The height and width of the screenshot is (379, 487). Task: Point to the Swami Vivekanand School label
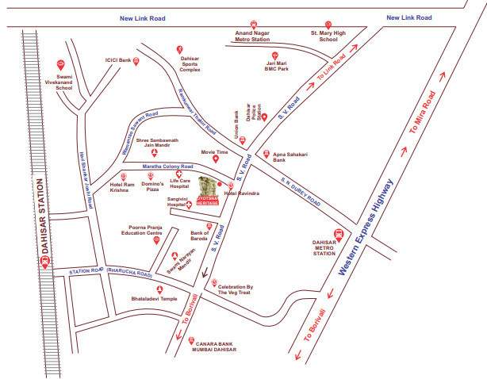click(x=61, y=83)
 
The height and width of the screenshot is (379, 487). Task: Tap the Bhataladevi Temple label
click(x=159, y=300)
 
